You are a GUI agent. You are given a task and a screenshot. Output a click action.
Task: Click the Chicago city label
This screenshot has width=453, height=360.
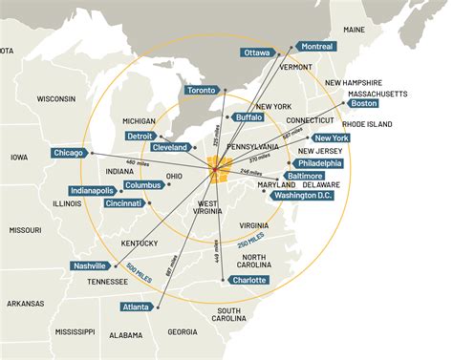(x=70, y=153)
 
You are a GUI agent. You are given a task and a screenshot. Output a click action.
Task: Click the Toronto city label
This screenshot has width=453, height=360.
(x=203, y=90)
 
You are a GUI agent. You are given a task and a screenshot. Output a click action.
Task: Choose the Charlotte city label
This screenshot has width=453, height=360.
(x=248, y=280)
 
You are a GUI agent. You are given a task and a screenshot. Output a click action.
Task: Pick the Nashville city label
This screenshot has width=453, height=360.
(x=89, y=265)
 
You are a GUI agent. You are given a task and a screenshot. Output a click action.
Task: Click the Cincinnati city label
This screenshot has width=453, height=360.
(x=124, y=203)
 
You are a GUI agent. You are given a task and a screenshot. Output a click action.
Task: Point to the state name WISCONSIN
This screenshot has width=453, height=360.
(x=55, y=98)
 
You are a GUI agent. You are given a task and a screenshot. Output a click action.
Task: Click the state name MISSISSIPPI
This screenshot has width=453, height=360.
(x=75, y=331)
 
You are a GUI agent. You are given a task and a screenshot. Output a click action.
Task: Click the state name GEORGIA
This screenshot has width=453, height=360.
(x=182, y=332)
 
